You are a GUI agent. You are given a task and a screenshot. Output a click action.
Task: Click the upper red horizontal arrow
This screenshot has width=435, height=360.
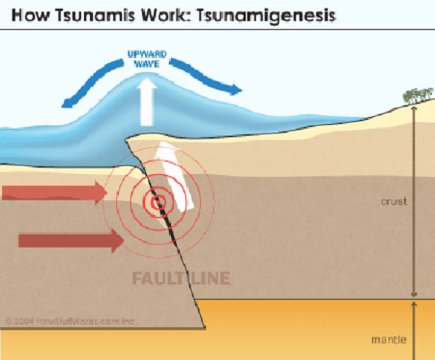click(x=54, y=192)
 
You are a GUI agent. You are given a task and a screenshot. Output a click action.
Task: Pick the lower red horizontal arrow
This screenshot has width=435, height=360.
click(x=69, y=240)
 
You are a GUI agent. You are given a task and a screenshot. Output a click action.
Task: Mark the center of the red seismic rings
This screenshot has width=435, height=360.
click(x=155, y=202)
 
